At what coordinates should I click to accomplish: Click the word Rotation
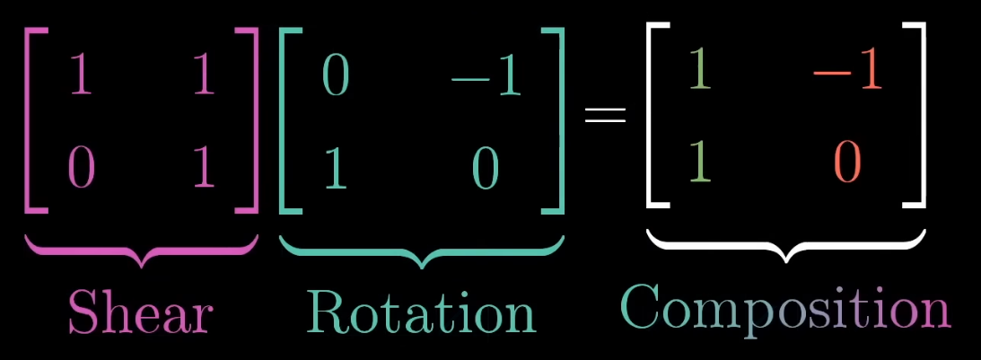pos(420,312)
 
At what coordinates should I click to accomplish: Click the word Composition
pos(785,308)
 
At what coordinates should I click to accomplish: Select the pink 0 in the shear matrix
pos(81,167)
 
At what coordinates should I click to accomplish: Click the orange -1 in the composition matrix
pos(847,73)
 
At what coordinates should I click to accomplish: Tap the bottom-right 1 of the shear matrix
pos(204,167)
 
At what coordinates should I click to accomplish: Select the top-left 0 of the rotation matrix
pos(335,78)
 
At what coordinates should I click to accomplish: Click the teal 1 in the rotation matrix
pos(335,168)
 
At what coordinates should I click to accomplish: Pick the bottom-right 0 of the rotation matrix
pos(486,168)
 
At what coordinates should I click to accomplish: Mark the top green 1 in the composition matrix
pos(700,72)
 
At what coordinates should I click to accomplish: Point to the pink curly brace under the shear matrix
pos(141,250)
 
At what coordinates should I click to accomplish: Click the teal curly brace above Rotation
pos(422,251)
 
